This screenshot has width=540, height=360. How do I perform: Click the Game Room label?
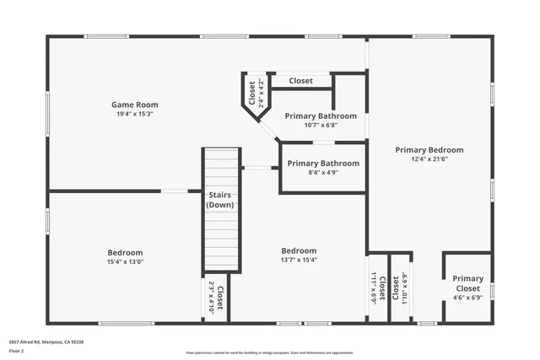(x=135, y=105)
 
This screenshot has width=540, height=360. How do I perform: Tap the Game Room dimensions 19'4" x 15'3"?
(x=135, y=114)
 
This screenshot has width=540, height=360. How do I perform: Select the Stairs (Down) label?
(x=220, y=200)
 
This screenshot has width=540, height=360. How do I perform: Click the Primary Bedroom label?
(x=429, y=150)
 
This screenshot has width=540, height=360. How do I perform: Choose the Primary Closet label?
(x=467, y=283)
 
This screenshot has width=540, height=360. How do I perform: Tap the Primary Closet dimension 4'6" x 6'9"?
(x=467, y=297)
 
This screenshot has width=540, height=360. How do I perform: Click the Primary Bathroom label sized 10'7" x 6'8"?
(x=321, y=116)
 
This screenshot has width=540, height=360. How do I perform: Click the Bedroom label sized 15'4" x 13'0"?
(x=125, y=252)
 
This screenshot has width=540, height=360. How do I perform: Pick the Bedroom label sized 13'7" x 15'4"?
(x=299, y=250)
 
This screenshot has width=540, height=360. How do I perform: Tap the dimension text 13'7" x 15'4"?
(x=299, y=260)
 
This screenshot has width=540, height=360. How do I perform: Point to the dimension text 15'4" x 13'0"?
(x=125, y=261)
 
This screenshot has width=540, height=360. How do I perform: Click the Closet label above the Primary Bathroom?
(x=301, y=81)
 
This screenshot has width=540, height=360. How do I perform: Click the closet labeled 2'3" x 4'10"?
(x=216, y=298)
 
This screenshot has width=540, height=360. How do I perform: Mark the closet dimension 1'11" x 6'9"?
(x=374, y=287)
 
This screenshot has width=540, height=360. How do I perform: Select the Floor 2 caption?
(x=17, y=350)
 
